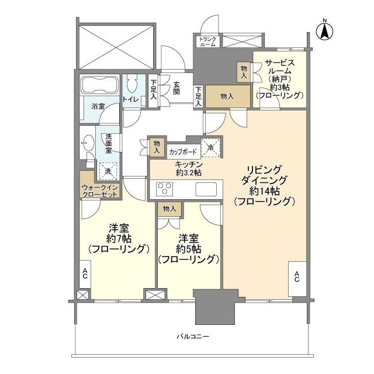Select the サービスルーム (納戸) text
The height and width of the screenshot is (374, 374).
click(x=279, y=79)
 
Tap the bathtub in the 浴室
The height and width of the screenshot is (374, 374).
click(x=98, y=85)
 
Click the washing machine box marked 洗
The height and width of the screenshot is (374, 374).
click(x=107, y=171)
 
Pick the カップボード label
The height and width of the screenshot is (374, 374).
click(x=182, y=152)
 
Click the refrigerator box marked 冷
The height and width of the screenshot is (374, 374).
click(x=211, y=148)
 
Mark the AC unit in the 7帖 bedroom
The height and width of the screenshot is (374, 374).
click(x=85, y=274)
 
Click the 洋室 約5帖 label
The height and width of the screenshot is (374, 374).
click(x=188, y=248)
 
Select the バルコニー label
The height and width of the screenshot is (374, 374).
click(x=193, y=337)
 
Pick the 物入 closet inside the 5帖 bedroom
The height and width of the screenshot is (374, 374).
click(x=169, y=209)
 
